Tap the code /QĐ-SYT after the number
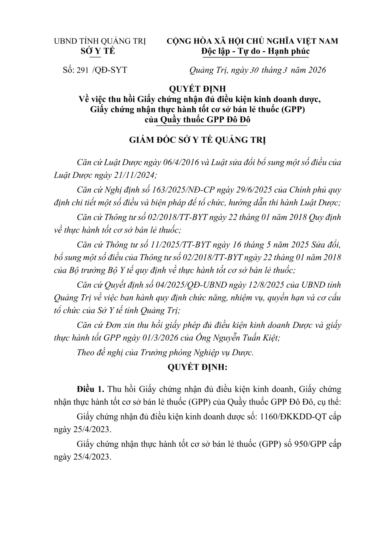click(x=110, y=70)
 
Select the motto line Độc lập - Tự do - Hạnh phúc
click(x=256, y=51)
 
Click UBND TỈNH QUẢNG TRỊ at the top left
click(x=100, y=41)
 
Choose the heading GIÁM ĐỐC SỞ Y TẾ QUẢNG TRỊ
click(x=198, y=140)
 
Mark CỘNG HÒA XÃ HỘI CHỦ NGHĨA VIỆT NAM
click(x=253, y=41)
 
